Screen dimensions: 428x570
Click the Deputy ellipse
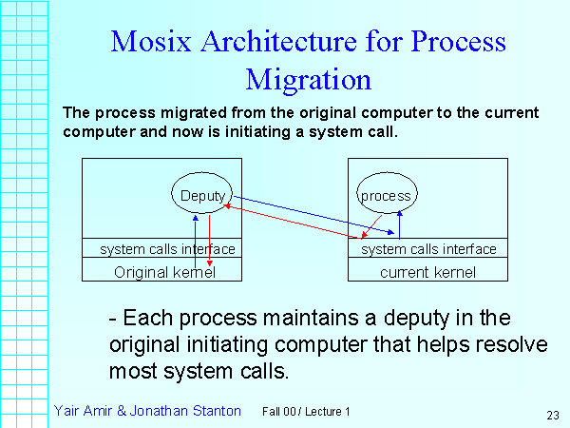pos(202,196)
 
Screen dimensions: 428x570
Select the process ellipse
pos(386,196)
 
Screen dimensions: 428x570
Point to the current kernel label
pos(427,272)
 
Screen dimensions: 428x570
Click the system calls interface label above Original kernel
pos(167,249)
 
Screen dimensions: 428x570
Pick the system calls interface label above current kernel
pos(428,249)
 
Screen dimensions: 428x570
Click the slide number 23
pos(553,415)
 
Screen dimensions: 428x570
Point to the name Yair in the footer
pos(68,411)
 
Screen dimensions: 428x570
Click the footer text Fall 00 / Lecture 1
pos(306,412)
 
